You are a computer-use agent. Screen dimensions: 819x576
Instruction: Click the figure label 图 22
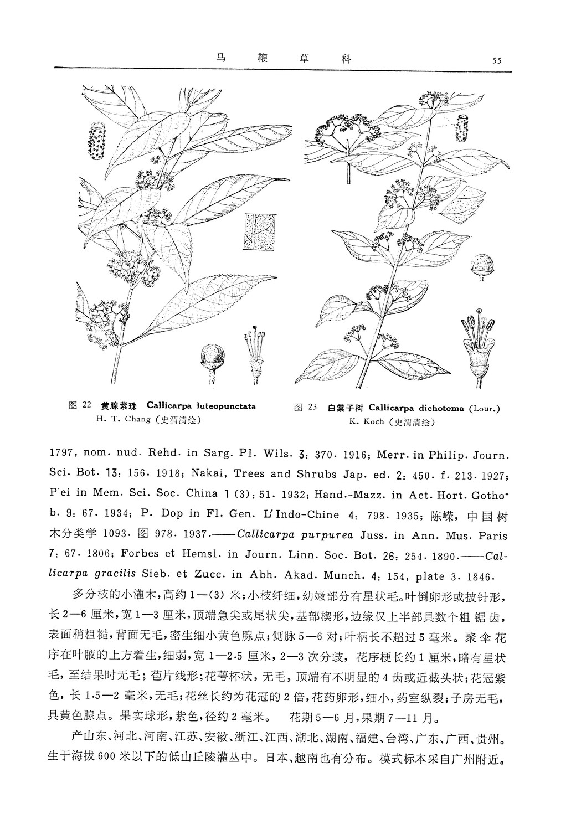(x=79, y=405)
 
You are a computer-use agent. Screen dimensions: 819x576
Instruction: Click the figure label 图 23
(x=305, y=408)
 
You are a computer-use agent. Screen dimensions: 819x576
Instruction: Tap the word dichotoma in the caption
(x=438, y=409)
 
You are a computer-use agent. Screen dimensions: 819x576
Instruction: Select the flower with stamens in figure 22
(x=255, y=354)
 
